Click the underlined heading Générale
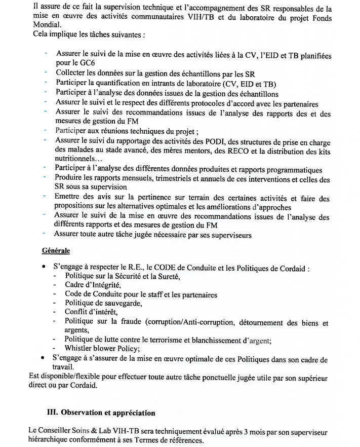click(55, 251)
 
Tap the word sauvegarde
click(118, 303)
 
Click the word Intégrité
click(99, 285)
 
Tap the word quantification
click(118, 83)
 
